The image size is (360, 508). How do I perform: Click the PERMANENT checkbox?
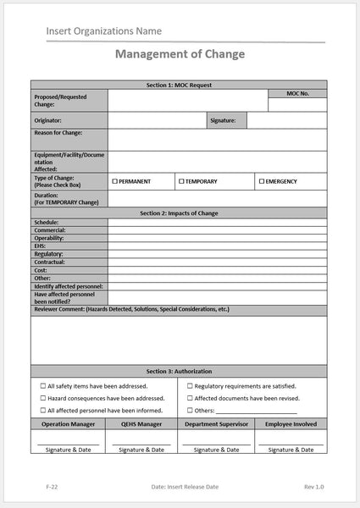point(115,181)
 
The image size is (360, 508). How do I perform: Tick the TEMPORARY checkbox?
point(181,181)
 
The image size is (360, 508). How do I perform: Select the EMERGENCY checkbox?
point(260,181)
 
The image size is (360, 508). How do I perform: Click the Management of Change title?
point(179,54)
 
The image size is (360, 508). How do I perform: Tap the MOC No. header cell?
point(297,93)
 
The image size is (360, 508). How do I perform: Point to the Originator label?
point(48,121)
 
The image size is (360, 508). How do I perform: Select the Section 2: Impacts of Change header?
point(179,213)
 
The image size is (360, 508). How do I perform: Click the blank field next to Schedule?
point(217,222)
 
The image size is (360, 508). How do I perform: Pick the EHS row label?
point(42,246)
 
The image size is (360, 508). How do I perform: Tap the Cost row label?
point(42,270)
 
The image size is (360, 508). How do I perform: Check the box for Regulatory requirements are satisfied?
point(188,385)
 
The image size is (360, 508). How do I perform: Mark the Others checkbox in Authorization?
point(188,411)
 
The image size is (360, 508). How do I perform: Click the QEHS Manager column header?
point(141,423)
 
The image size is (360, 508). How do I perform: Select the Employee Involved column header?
point(291,423)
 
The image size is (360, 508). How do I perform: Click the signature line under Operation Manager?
point(68,444)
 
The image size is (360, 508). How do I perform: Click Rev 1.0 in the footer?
point(313,488)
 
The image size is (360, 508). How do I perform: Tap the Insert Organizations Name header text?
point(104,31)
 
